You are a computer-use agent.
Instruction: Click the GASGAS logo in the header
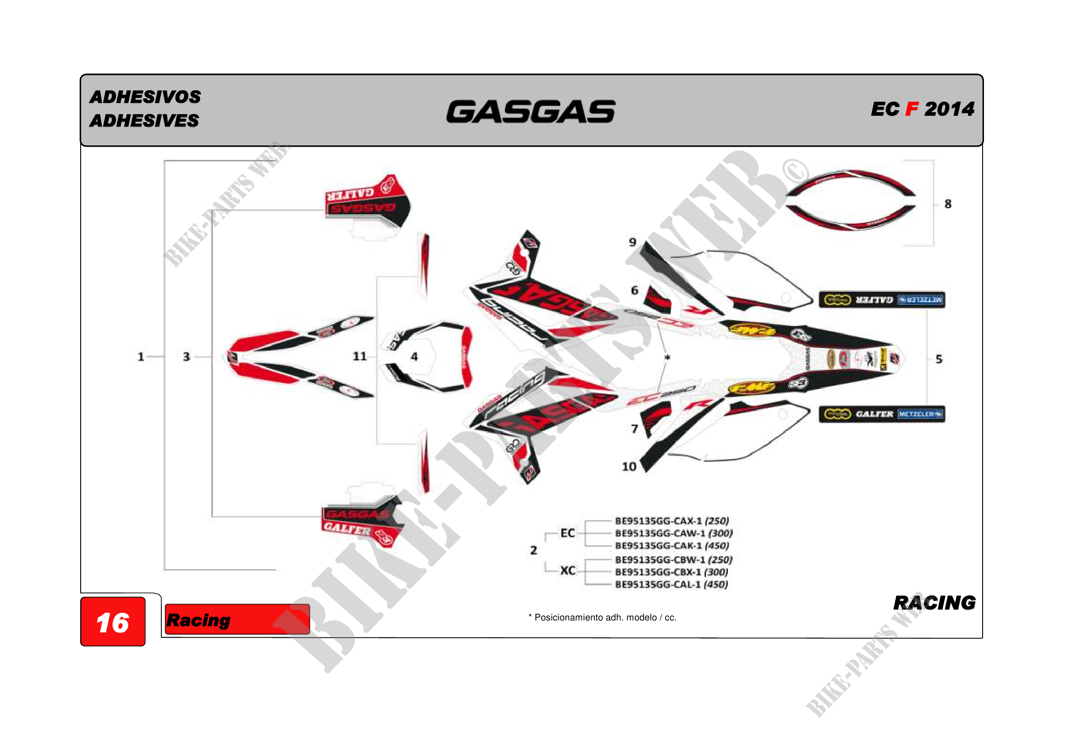[530, 112]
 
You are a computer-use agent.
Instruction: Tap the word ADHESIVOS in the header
[145, 97]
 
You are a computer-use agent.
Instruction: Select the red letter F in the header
[912, 109]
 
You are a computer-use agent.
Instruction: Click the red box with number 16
[113, 622]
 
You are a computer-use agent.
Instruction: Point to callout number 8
[948, 204]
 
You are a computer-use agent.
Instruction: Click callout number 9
[633, 242]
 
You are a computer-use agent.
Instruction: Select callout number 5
[939, 359]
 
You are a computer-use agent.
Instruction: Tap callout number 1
[141, 356]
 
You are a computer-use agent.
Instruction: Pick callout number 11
[359, 356]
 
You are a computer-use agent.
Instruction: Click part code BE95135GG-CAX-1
[659, 521]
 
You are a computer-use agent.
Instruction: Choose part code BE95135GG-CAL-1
[659, 584]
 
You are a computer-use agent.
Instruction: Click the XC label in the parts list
[568, 571]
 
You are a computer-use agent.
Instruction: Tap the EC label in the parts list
[568, 533]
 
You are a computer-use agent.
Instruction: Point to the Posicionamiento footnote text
[602, 618]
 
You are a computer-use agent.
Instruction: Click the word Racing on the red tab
[198, 620]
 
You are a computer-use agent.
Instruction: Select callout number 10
[629, 466]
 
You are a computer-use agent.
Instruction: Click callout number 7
[634, 429]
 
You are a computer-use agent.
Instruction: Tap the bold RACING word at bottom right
[934, 603]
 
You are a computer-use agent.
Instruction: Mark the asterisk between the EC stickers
[667, 357]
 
